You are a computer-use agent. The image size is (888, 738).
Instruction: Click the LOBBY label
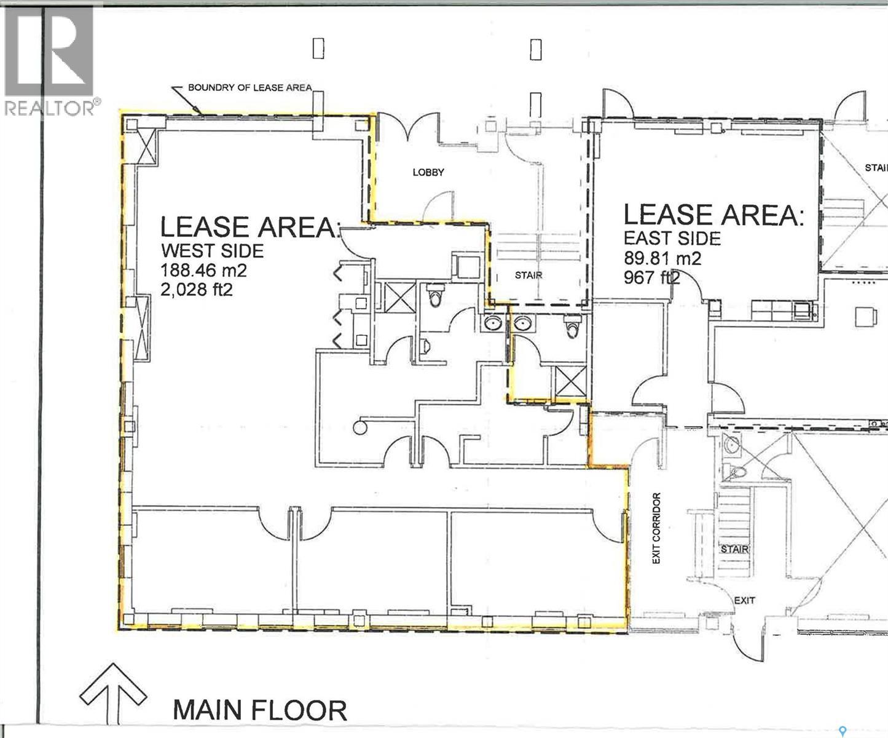tap(428, 172)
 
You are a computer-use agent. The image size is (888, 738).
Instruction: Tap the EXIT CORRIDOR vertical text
tap(656, 528)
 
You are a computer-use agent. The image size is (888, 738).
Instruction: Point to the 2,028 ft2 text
tap(196, 289)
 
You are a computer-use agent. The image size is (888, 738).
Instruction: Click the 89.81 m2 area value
tap(662, 258)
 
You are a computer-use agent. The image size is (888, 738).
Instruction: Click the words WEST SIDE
tap(212, 250)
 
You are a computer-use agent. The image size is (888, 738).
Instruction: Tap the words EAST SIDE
tap(672, 238)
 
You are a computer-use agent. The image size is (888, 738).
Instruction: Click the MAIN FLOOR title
tap(260, 710)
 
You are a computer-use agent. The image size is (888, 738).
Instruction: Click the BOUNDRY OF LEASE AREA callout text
tap(250, 87)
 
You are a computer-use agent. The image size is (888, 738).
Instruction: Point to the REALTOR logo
tap(49, 58)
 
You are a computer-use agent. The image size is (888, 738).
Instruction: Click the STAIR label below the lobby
tap(528, 275)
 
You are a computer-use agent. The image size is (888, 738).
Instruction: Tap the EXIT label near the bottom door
tap(744, 600)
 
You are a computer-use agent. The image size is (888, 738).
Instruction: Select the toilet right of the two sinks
tap(572, 327)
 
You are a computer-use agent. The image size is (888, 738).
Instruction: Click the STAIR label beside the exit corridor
tap(734, 549)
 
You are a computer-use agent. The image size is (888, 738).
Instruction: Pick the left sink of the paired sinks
tap(492, 322)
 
